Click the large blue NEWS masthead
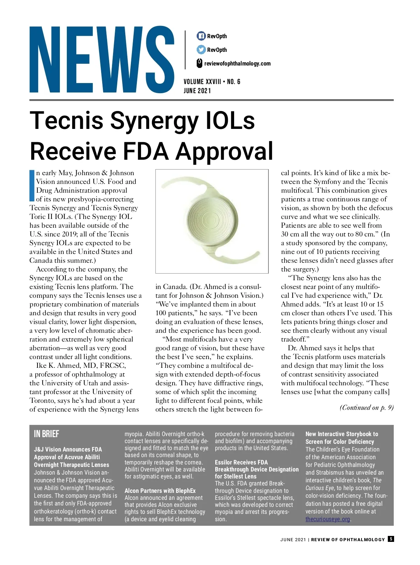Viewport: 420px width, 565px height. click(x=101, y=60)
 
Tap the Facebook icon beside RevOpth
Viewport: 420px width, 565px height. click(x=201, y=36)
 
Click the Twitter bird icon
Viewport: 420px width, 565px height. click(x=201, y=50)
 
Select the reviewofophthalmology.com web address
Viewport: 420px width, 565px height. click(x=237, y=63)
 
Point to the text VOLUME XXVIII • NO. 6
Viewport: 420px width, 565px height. click(x=212, y=82)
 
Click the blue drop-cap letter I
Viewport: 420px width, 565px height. click(x=32, y=186)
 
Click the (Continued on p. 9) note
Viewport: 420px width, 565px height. click(x=366, y=407)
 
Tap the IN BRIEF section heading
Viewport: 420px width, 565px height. click(x=47, y=434)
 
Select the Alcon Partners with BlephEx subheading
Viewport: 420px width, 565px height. click(x=160, y=491)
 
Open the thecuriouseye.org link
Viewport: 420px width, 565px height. click(x=328, y=519)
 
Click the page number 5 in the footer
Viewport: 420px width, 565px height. click(x=391, y=539)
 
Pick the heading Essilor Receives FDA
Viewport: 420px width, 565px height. click(x=241, y=462)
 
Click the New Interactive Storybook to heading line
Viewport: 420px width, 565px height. click(x=342, y=434)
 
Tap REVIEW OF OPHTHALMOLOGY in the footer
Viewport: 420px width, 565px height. click(x=348, y=540)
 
